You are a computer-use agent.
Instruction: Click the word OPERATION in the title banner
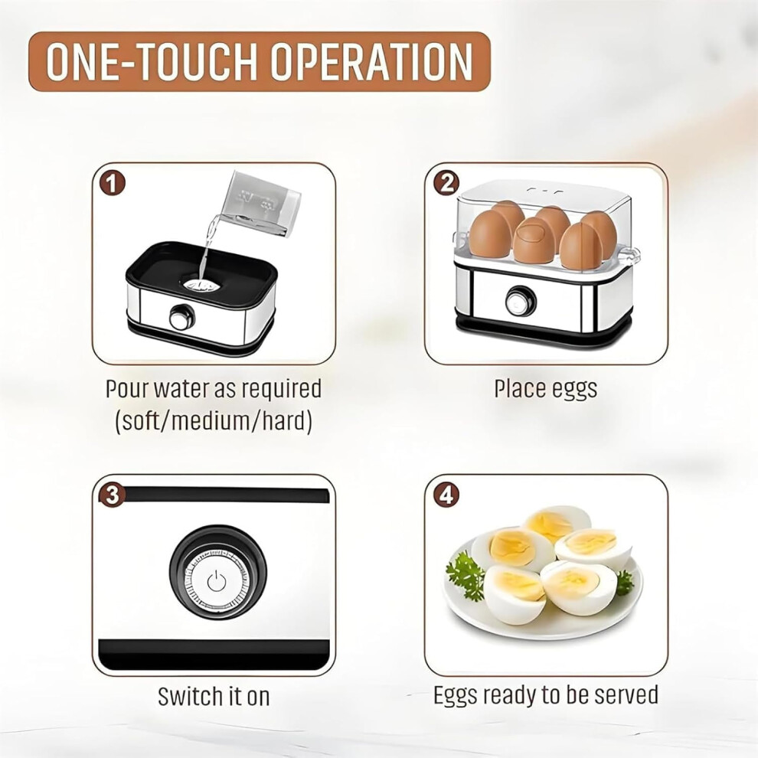point(371,61)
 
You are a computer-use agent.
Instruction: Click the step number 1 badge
point(112,184)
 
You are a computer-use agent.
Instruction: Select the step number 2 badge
point(446,183)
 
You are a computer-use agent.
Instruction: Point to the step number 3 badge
point(112,495)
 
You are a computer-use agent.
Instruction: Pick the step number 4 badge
point(446,495)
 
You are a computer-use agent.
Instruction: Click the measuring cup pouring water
point(260,204)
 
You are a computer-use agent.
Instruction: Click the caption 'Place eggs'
point(545,389)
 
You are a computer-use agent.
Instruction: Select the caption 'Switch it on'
point(213,697)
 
